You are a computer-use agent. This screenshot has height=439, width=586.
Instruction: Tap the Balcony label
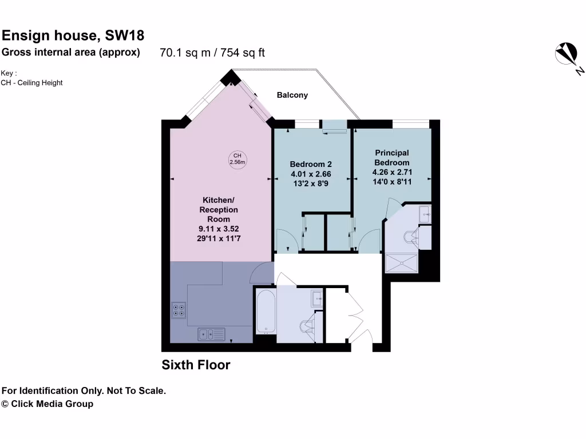click(292, 95)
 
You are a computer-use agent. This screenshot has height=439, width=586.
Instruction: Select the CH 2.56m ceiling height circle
click(237, 159)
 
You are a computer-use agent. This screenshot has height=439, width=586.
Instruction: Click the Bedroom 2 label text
click(311, 163)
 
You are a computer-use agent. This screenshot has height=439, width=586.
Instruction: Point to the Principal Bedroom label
click(392, 158)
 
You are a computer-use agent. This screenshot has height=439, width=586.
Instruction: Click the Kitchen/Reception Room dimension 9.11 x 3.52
click(219, 229)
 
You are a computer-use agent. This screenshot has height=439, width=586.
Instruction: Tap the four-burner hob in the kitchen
click(179, 309)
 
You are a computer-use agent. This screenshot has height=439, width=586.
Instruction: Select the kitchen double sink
click(211, 333)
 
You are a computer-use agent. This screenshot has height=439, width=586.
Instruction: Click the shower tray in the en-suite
click(403, 263)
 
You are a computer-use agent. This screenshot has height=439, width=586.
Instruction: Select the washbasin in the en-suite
click(425, 214)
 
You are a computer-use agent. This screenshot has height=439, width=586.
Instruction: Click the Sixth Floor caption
click(196, 365)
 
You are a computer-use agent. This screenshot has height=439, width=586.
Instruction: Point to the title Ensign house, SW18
click(73, 36)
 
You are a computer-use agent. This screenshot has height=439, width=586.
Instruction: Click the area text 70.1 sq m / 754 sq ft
click(212, 53)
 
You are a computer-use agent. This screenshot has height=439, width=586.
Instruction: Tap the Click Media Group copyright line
click(47, 404)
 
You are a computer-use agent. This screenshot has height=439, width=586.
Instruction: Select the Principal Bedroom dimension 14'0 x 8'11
click(392, 181)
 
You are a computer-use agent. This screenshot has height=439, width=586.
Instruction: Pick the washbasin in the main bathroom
click(318, 297)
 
